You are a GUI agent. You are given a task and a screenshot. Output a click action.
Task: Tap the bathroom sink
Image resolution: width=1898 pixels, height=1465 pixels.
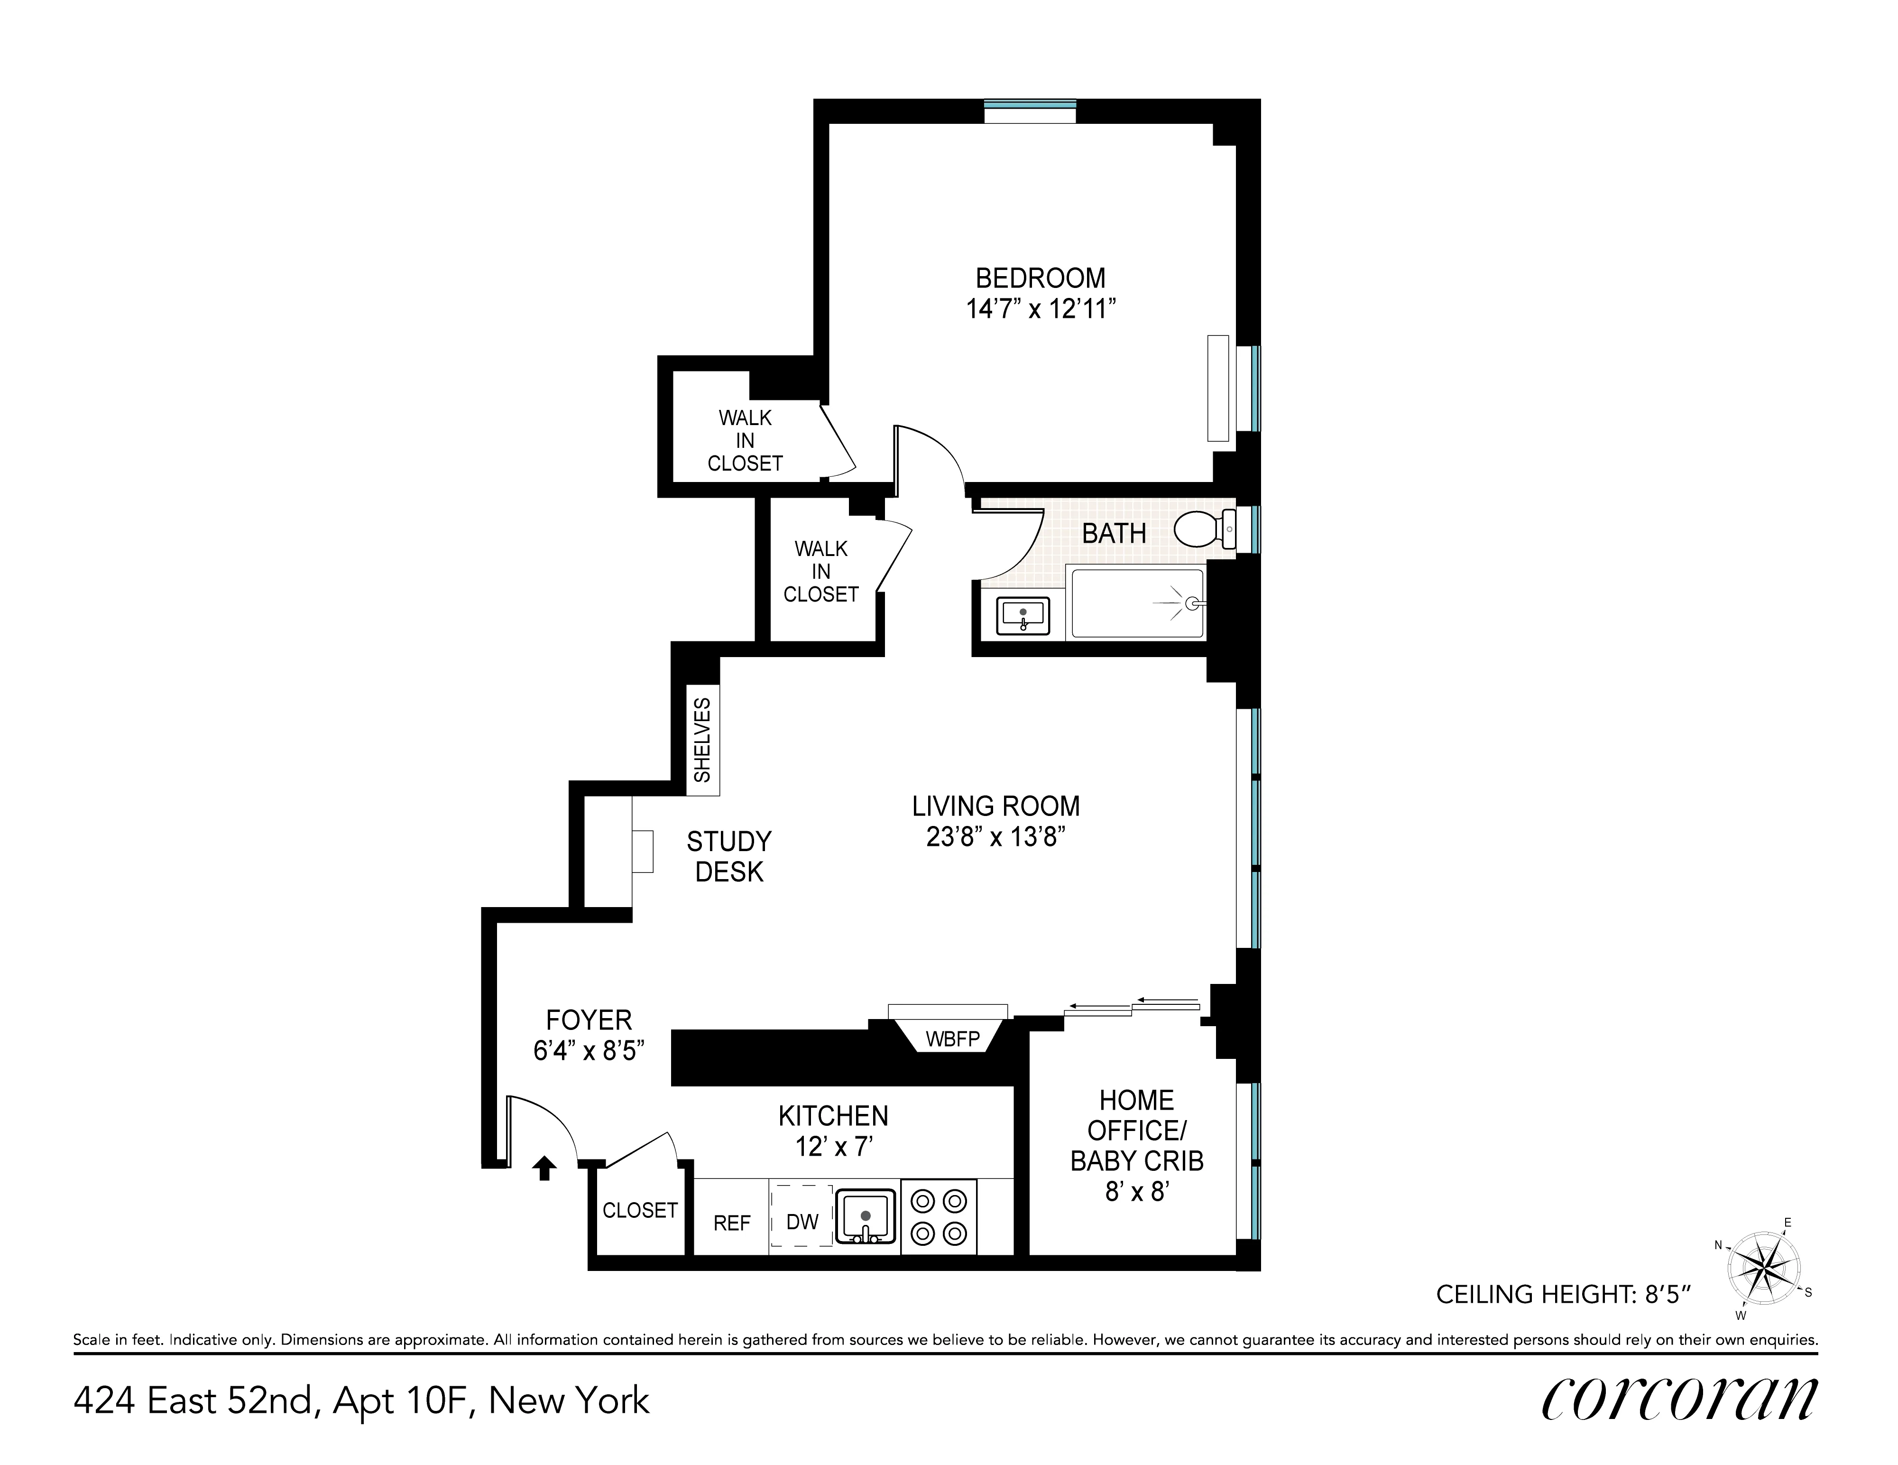(x=1023, y=616)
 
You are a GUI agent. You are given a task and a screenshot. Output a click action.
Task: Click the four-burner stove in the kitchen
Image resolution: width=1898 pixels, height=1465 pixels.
(x=939, y=1216)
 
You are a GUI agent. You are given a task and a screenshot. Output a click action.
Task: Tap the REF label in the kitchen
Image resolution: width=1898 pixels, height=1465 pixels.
(x=732, y=1224)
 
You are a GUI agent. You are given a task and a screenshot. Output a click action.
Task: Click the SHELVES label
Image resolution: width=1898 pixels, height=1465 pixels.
(x=702, y=740)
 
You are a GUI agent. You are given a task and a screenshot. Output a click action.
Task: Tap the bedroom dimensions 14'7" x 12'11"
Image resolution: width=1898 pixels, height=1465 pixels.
(x=1040, y=309)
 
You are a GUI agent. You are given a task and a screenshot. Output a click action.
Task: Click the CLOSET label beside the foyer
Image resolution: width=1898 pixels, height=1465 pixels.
(x=640, y=1210)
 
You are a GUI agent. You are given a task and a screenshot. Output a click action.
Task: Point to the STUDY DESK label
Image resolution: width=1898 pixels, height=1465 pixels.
(x=728, y=856)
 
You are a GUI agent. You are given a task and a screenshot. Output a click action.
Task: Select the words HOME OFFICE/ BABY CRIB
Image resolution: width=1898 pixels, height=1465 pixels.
(x=1137, y=1130)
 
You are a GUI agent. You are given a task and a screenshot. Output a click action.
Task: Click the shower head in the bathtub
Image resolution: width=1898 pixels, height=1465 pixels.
(x=1195, y=602)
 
